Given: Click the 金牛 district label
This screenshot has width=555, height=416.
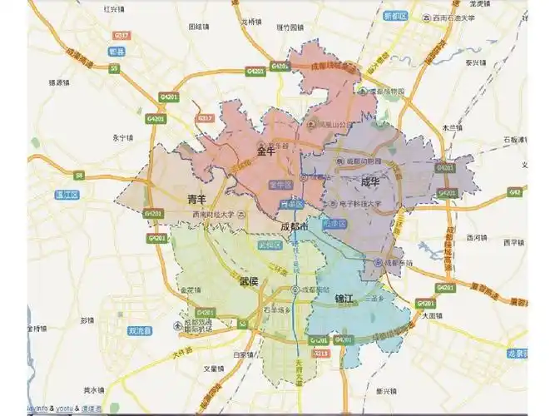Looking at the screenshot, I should coord(265,151).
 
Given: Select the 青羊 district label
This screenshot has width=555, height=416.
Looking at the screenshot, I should coord(196,200).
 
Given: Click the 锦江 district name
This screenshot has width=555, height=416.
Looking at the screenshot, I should coord(345,297).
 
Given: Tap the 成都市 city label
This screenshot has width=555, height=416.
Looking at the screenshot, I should coord(293,226).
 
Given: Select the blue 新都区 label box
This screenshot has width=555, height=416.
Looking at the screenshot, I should coord(394,16).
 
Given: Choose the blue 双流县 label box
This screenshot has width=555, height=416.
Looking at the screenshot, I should coord(140,330).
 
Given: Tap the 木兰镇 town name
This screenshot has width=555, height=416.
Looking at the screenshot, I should coord(452,127).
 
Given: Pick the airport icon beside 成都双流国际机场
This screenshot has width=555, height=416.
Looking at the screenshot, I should coord(176,324).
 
